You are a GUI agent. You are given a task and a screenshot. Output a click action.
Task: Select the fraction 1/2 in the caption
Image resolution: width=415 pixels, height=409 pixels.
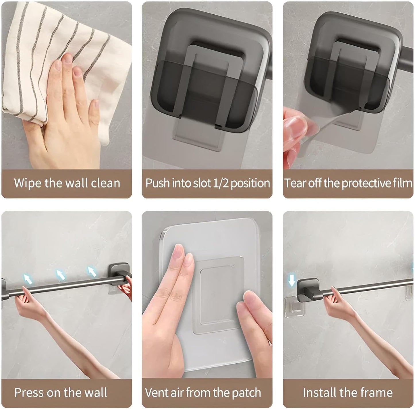[x=221, y=183]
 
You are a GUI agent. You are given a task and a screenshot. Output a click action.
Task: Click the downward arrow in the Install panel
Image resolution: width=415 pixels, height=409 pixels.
[x=292, y=280]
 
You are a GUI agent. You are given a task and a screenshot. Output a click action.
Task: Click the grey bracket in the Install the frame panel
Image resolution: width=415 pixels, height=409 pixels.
[x=308, y=290]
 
